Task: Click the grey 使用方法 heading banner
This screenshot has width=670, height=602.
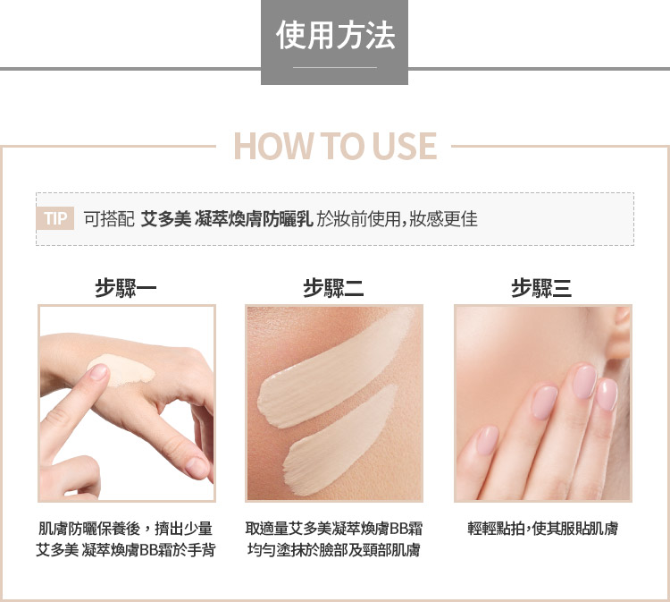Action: pyautogui.click(x=335, y=42)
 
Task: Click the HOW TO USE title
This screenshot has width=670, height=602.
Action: pyautogui.click(x=335, y=146)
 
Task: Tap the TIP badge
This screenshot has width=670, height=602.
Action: pyautogui.click(x=55, y=218)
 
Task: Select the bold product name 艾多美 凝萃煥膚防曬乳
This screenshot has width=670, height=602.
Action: pyautogui.click(x=227, y=219)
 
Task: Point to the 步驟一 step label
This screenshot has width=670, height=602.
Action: pyautogui.click(x=126, y=288)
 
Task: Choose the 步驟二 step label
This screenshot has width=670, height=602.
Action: pyautogui.click(x=334, y=288)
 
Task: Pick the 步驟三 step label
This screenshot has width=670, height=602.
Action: pyautogui.click(x=541, y=288)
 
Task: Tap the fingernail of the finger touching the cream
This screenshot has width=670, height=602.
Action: pyautogui.click(x=98, y=372)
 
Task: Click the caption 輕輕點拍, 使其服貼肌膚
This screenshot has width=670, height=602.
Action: pyautogui.click(x=542, y=529)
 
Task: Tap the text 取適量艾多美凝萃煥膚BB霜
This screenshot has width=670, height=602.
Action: pyautogui.click(x=334, y=529)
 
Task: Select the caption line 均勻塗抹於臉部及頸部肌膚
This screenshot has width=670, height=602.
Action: pyautogui.click(x=334, y=550)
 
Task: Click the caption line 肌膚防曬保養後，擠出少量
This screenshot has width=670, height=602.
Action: pyautogui.click(x=126, y=529)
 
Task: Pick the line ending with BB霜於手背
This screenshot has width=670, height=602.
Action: pyautogui.click(x=126, y=550)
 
